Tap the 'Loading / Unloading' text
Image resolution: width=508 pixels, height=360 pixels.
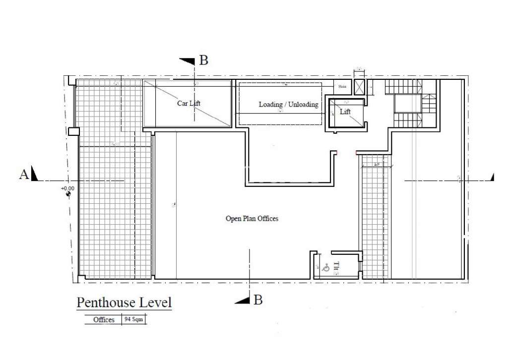[288, 105]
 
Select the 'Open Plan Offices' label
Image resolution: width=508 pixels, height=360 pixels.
[252, 218]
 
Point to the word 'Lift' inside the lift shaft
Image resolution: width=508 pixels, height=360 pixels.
[345, 112]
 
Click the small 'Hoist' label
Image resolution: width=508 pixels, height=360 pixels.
[342, 87]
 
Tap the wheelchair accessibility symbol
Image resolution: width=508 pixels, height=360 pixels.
[326, 268]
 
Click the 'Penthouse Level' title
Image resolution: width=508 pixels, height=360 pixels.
[124, 302]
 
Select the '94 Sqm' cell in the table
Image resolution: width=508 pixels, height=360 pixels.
[133, 320]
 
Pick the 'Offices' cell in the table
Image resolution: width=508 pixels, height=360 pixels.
[104, 320]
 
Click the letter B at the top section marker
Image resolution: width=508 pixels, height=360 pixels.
[203, 61]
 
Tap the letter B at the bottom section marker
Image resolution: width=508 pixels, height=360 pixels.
[257, 300]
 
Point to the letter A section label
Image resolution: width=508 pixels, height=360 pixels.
[23, 174]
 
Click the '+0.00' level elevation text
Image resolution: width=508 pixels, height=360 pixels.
[67, 188]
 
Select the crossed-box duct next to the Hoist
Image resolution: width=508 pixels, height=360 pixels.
[359, 86]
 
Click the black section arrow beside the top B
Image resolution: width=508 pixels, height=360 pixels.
[187, 61]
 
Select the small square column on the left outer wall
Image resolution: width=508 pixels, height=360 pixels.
[73, 131]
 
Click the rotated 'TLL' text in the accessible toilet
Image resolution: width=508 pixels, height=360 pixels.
[336, 268]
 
